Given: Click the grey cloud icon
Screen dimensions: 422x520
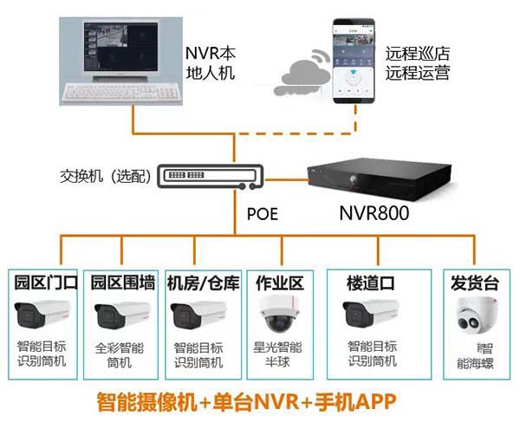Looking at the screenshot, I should click(296, 81).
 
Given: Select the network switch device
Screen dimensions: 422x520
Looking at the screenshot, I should click(207, 178).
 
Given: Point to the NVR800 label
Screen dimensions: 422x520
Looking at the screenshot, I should click(376, 211).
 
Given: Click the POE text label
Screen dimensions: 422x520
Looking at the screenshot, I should click(263, 214).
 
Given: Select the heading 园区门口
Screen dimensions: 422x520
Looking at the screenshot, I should click(46, 282).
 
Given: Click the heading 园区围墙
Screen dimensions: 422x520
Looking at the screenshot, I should click(123, 282).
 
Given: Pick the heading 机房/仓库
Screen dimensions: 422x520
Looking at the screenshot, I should click(202, 282).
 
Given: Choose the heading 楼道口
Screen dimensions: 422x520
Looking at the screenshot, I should click(371, 282).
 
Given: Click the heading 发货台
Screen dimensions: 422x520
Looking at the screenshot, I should click(473, 282).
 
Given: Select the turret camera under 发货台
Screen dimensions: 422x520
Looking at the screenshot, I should click(473, 316).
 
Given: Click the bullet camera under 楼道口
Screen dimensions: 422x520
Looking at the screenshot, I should click(373, 315).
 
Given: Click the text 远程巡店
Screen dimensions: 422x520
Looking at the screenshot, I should click(419, 54).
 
